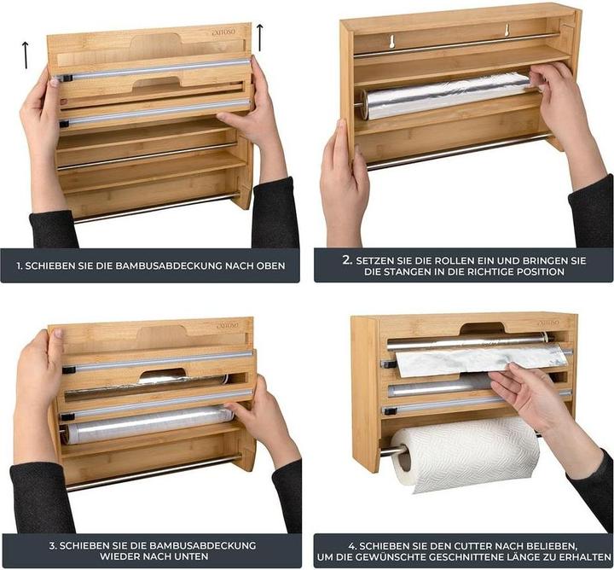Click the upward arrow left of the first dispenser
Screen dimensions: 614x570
pyautogui.click(x=26, y=55)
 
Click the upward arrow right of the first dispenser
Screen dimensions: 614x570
pyautogui.click(x=259, y=38)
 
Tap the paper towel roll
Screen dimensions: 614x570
pyautogui.click(x=465, y=454)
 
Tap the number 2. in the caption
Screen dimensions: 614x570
pyautogui.click(x=348, y=260)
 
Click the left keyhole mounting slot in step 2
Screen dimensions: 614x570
pyautogui.click(x=391, y=42)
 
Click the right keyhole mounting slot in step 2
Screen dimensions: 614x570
pyautogui.click(x=507, y=30)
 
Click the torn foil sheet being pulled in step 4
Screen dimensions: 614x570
pyautogui.click(x=481, y=360)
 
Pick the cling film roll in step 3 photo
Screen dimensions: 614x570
pyautogui.click(x=148, y=425)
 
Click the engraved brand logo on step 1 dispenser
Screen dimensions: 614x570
pyautogui.click(x=224, y=32)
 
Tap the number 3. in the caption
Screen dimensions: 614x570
pyautogui.click(x=53, y=545)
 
